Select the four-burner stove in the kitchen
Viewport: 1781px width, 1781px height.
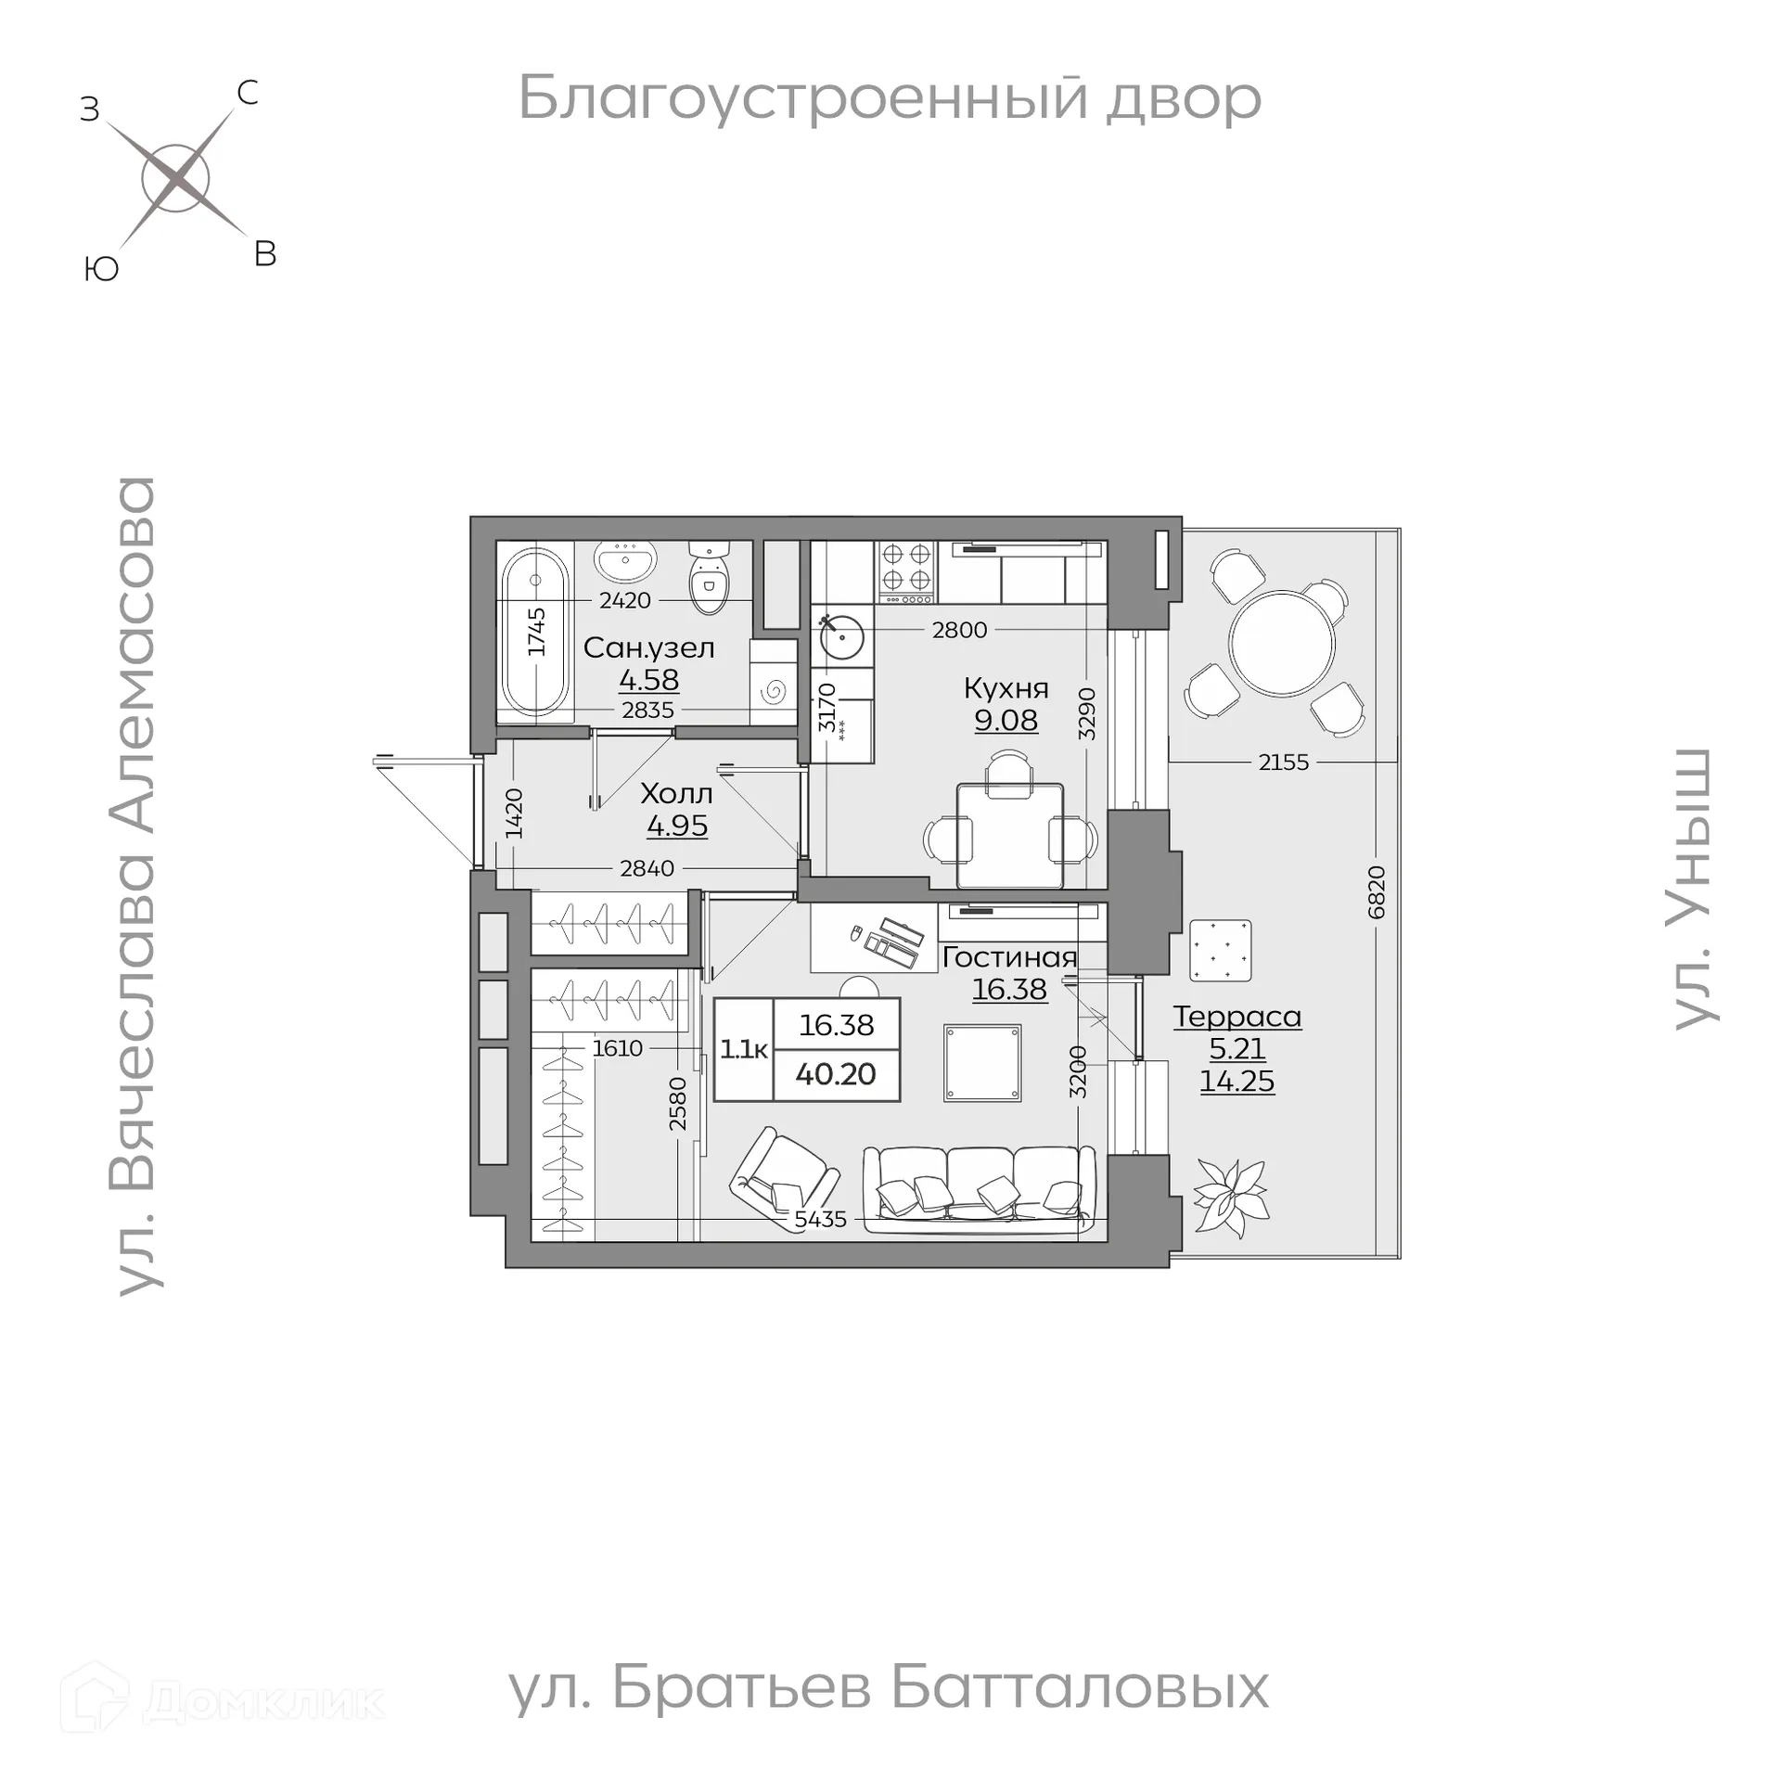[x=906, y=567]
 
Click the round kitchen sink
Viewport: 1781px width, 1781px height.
[x=842, y=636]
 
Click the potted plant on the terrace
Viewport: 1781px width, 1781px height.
[x=1230, y=1197]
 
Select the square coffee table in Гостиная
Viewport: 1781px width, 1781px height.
[x=982, y=1062]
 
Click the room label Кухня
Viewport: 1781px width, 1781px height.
[x=1006, y=688]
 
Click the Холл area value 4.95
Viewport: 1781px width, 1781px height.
[x=677, y=826]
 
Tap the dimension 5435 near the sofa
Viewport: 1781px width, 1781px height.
[x=821, y=1219]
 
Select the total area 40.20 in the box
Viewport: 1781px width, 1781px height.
[x=836, y=1074]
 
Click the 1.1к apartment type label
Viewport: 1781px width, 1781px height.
[x=744, y=1049]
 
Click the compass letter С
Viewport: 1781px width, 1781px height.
[x=247, y=93]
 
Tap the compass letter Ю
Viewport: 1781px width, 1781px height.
[x=101, y=269]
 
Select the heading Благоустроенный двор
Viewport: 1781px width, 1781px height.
[x=890, y=97]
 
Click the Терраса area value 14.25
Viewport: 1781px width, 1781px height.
[x=1236, y=1081]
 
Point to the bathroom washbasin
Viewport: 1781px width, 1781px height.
[x=626, y=559]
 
